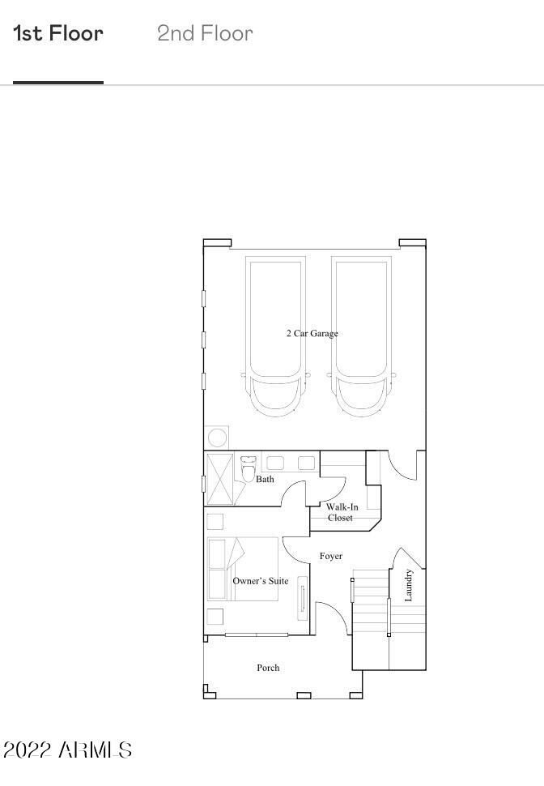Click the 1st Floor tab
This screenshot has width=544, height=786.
(58, 33)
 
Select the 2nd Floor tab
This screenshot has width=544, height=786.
(205, 33)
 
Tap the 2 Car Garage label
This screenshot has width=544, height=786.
(312, 333)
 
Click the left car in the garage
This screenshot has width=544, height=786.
(275, 336)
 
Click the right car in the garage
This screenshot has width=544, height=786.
(361, 336)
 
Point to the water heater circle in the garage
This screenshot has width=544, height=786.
(218, 438)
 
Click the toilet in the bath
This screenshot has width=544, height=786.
(248, 469)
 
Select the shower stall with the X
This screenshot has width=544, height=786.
(220, 479)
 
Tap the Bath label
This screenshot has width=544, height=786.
(265, 479)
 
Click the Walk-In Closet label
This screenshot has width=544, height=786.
(342, 512)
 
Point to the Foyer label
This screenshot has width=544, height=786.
(330, 556)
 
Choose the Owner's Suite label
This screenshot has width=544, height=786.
(261, 581)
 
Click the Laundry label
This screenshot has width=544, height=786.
(408, 585)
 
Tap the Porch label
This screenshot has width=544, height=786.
(268, 668)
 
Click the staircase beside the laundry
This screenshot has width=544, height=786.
(372, 619)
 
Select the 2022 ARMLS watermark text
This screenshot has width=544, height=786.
(68, 750)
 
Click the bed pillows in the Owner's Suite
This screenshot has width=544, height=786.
(217, 570)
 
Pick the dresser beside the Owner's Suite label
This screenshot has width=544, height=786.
(303, 598)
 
